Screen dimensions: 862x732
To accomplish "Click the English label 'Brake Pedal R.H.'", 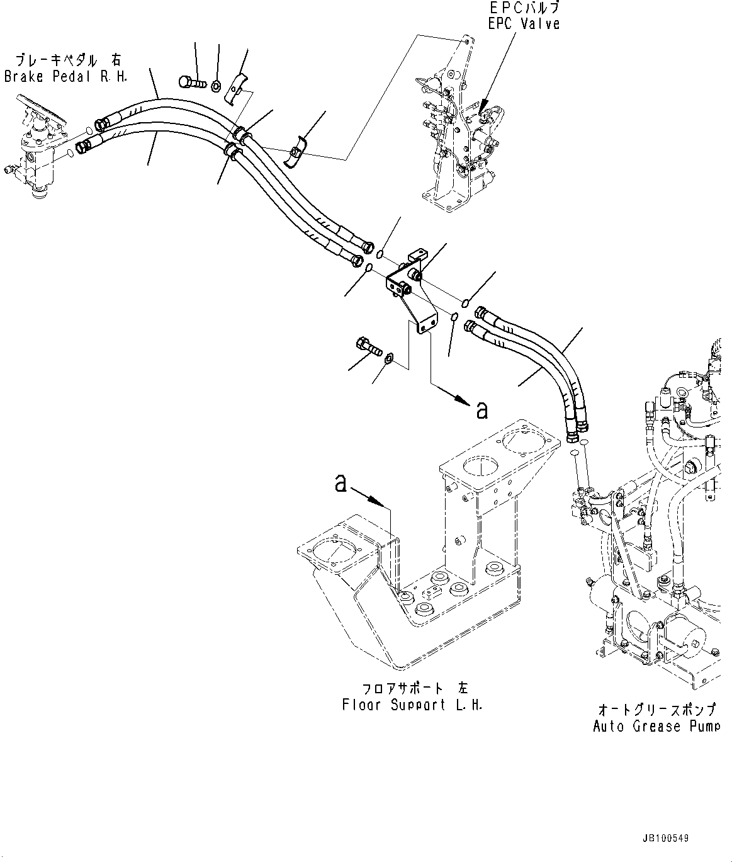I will coord(66,77).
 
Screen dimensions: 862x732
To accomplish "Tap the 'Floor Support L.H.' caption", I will coord(412,705).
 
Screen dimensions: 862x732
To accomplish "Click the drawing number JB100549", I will coord(665,839).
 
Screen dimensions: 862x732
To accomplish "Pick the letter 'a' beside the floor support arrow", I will coord(341,484).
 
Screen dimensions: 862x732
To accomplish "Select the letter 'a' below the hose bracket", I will coord(481,410).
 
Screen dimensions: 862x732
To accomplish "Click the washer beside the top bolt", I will coord(217,86).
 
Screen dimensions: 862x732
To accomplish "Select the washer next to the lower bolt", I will coord(389,358).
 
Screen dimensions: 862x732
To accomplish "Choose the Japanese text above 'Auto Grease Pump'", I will coord(656,710).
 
